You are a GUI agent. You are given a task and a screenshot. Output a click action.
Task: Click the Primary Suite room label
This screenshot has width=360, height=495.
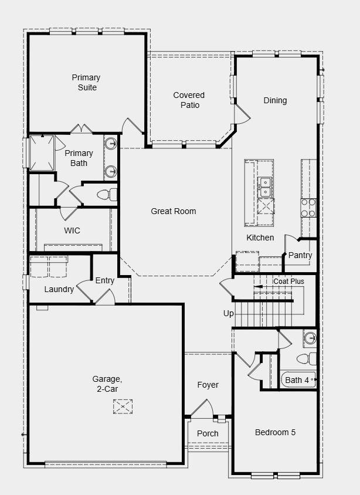(x=86, y=83)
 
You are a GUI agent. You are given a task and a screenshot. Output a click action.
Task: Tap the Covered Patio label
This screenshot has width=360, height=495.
(x=189, y=100)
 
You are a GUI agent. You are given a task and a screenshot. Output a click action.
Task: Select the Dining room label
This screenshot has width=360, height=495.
(x=275, y=100)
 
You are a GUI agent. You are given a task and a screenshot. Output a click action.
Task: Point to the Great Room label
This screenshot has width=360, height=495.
(x=174, y=211)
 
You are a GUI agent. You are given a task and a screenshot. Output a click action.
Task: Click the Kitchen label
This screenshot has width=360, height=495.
(x=260, y=238)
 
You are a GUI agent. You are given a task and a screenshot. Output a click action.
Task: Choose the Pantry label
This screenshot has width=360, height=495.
(x=300, y=255)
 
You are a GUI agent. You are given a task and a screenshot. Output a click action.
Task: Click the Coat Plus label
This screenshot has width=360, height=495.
(x=288, y=282)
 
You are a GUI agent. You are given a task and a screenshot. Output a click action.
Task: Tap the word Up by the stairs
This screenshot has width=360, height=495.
(x=229, y=313)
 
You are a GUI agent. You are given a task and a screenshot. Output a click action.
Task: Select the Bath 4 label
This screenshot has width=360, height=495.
(x=297, y=380)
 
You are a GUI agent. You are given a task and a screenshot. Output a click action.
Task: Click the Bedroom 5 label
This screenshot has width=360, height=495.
(x=275, y=432)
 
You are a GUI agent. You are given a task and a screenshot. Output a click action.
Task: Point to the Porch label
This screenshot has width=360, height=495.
(x=208, y=433)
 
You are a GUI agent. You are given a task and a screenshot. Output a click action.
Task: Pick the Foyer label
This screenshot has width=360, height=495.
(x=208, y=385)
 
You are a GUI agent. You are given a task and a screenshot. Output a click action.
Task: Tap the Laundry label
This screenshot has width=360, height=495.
(x=59, y=289)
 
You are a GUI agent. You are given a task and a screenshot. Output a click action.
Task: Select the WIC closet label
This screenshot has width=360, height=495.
(x=72, y=230)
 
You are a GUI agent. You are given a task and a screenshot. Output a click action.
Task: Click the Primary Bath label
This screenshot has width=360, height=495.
(x=79, y=158)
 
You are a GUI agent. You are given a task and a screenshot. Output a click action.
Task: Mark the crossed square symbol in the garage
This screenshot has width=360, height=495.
(x=123, y=406)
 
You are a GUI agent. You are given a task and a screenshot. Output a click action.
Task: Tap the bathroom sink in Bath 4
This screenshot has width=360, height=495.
(x=310, y=338)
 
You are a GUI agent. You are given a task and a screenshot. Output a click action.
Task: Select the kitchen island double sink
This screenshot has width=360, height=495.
(x=266, y=187)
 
